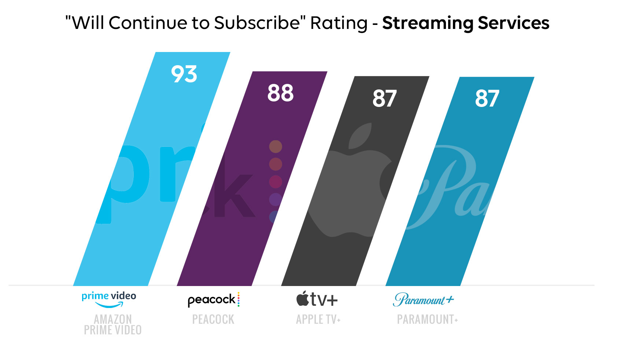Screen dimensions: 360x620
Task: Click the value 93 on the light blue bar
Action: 184,74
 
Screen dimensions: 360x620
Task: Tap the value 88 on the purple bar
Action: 280,93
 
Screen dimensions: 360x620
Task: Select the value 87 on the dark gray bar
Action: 384,99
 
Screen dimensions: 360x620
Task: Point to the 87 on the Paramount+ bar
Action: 487,99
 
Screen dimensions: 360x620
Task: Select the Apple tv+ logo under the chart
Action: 317,299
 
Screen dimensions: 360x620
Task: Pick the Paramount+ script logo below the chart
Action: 423,300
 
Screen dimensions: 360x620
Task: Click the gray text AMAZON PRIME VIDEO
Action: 112,324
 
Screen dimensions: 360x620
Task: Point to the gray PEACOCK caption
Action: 213,319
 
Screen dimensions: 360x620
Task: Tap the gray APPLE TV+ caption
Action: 318,319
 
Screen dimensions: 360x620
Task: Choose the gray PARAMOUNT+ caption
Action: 427,319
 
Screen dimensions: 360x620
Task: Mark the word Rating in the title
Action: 339,23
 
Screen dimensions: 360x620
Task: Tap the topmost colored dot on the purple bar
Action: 276,146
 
